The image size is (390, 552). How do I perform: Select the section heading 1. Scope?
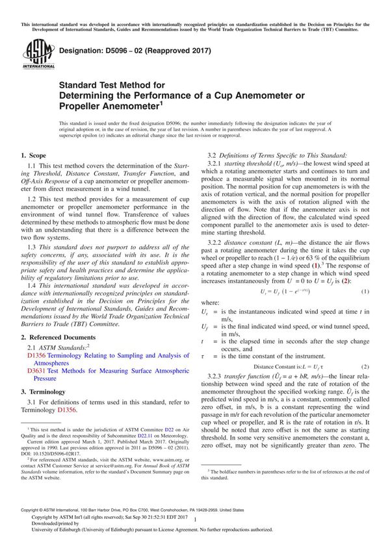(x=33, y=156)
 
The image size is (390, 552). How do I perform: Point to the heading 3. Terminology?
(x=44, y=392)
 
